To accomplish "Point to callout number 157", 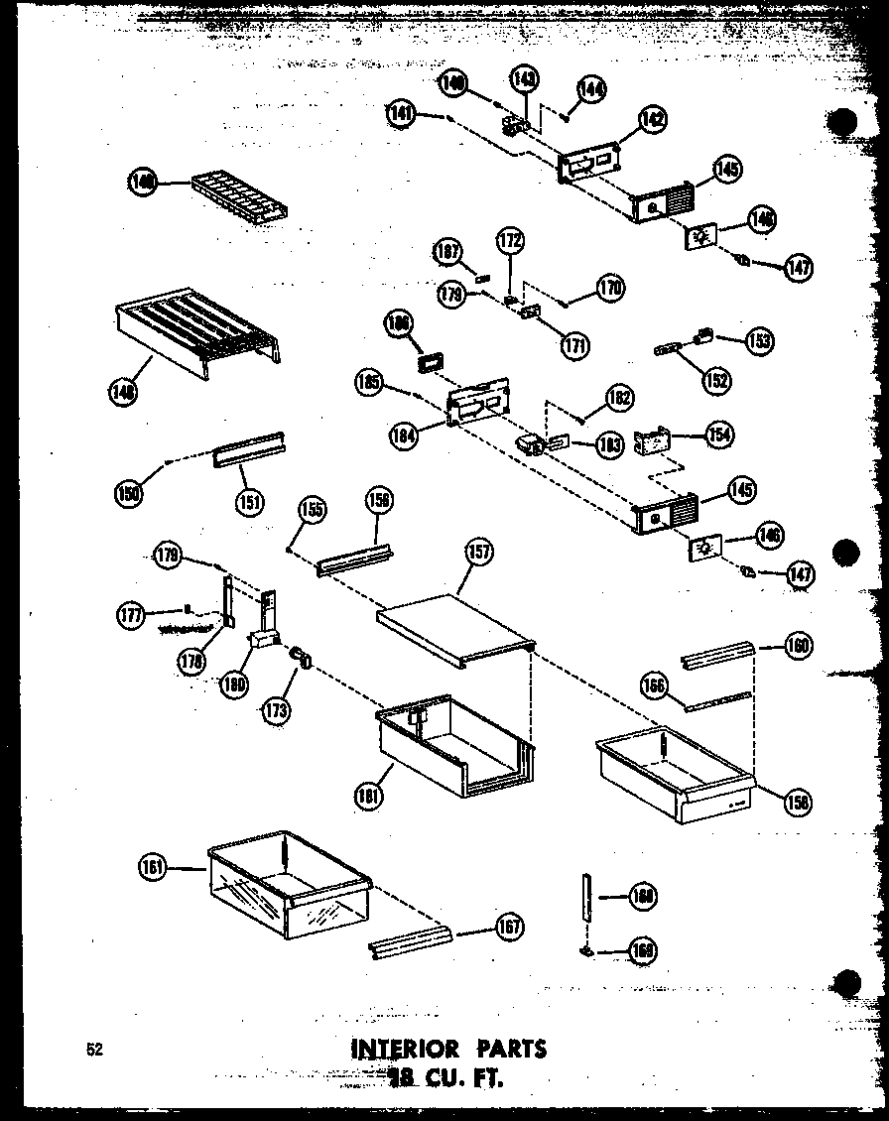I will click(478, 554).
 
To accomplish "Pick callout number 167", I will click(509, 928).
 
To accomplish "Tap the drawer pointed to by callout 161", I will click(288, 888).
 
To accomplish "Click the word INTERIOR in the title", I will click(405, 1048).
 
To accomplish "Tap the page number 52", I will click(94, 1050).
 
